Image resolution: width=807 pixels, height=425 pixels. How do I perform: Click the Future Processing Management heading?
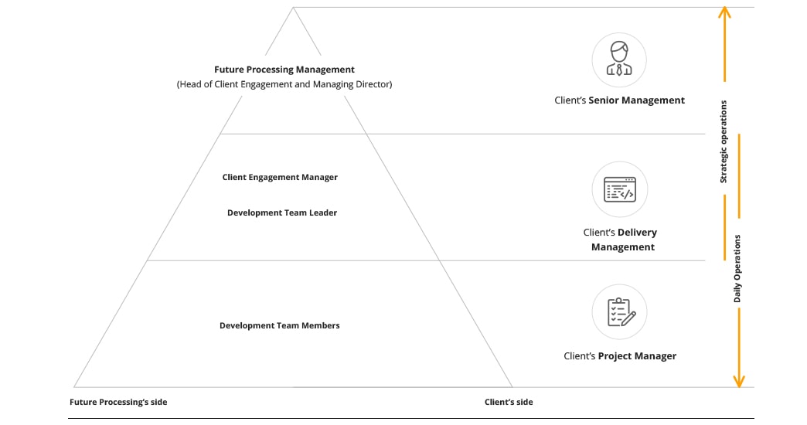284,70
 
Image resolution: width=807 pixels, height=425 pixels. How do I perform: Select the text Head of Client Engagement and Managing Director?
284,84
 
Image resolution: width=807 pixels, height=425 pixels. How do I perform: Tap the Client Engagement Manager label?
280,177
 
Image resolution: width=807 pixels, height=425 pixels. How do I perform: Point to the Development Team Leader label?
282,212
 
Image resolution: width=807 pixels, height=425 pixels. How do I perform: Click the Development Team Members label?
280,325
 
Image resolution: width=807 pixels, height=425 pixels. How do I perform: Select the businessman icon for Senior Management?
619,59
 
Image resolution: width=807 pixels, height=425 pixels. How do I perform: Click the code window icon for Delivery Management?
619,189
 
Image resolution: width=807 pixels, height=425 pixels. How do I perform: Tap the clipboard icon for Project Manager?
619,312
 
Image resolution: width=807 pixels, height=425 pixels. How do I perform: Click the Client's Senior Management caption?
619,100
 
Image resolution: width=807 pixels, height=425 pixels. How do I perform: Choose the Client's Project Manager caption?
619,356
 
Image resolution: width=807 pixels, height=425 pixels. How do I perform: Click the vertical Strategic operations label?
724,141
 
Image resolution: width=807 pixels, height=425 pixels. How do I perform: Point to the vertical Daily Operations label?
737,268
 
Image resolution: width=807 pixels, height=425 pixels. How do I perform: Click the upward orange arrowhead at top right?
724,12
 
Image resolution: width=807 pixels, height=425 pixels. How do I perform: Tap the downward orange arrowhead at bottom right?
738,381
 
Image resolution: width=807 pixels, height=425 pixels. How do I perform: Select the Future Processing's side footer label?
118,402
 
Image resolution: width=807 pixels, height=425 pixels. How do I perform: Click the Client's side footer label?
509,402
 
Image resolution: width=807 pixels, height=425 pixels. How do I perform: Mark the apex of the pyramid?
293,8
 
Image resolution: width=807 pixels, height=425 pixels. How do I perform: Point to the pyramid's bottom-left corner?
74,386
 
